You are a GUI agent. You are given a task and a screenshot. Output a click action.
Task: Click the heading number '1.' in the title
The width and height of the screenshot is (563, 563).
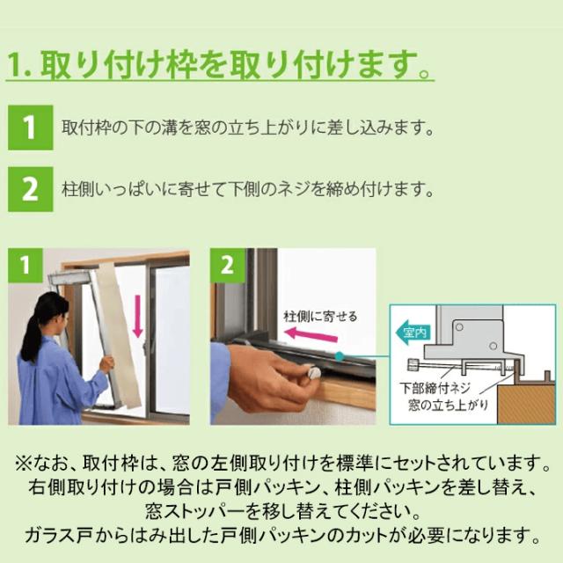(19, 64)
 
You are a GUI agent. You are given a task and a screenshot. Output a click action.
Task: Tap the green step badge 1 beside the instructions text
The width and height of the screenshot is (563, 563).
(28, 128)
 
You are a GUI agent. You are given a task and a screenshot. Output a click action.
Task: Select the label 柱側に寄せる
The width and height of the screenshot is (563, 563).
(320, 314)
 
